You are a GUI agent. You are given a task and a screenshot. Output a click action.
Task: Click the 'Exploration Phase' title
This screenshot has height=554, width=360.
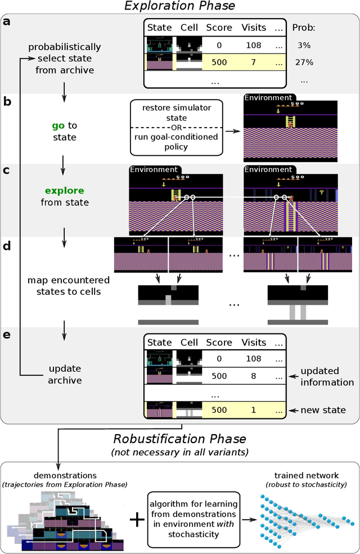point(179,7)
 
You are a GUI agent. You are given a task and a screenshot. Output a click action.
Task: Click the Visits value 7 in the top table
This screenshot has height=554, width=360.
point(254,62)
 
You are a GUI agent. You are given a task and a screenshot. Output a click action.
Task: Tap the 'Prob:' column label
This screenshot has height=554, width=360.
point(304,27)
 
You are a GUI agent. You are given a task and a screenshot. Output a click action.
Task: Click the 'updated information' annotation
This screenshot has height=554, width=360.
point(326,377)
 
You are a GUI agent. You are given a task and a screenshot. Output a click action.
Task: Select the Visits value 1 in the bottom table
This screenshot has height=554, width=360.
point(254,409)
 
